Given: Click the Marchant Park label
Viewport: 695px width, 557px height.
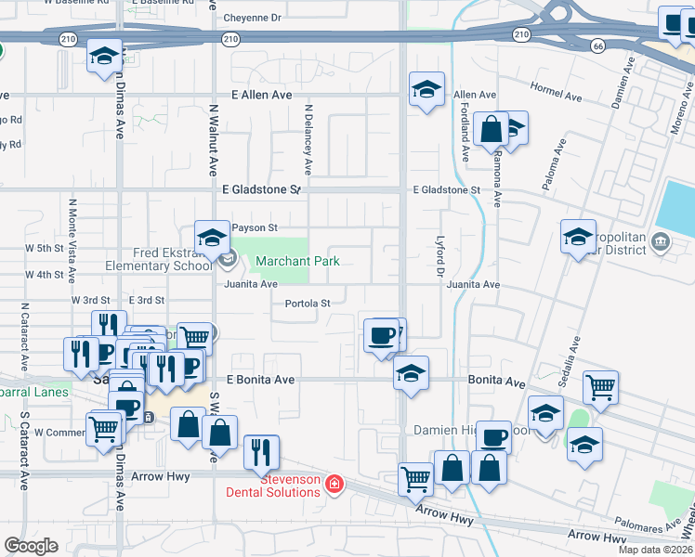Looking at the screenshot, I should click(297, 262).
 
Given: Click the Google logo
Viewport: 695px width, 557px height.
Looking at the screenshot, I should click(31, 546).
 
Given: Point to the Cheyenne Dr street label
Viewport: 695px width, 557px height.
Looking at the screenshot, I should click(249, 18).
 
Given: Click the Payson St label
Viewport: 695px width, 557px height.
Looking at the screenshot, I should click(255, 227).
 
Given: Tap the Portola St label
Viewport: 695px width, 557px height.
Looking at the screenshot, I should click(308, 304).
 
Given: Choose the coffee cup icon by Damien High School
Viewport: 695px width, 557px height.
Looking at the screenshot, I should click(494, 435).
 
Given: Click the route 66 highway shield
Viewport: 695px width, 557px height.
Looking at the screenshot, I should click(598, 45).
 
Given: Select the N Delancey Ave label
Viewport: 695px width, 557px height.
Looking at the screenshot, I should click(308, 137).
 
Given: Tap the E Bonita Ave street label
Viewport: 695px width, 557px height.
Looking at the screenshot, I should click(260, 380).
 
